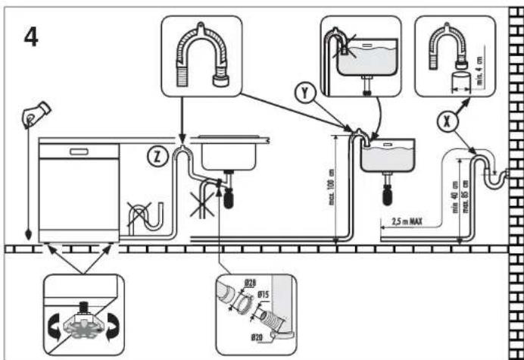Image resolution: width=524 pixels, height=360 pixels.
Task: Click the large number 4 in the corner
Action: pyautogui.click(x=31, y=36)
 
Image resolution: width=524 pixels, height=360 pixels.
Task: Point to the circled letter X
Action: pyautogui.click(x=448, y=120)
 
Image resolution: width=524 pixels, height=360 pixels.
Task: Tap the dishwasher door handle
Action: pyautogui.click(x=78, y=152)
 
